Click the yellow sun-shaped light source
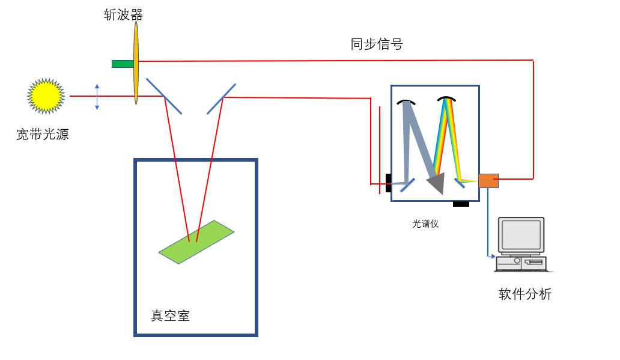46,96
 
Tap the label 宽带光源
43,135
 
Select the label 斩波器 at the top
123,14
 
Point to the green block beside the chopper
122,64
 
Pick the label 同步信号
377,44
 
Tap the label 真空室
170,316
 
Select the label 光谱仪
425,224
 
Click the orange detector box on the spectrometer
488,180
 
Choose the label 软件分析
525,294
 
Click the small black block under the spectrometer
461,204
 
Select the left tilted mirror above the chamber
164,96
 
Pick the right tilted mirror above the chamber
221,98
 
